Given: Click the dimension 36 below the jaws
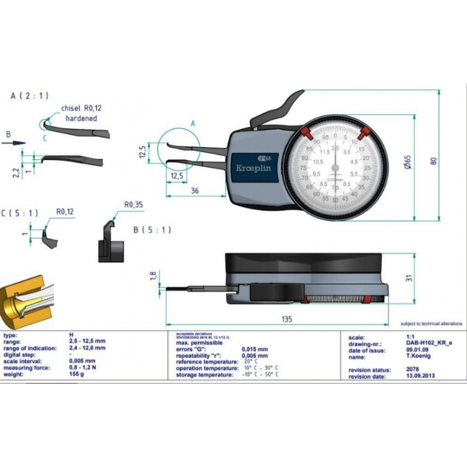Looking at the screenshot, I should [x=195, y=191].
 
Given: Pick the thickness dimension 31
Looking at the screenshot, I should [x=409, y=278].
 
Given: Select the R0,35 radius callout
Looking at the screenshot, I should [x=132, y=204].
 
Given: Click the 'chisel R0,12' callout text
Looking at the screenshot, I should [x=81, y=108].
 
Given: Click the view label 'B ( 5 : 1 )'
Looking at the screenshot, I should [x=153, y=229].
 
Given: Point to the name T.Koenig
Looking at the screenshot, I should [x=409, y=357].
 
